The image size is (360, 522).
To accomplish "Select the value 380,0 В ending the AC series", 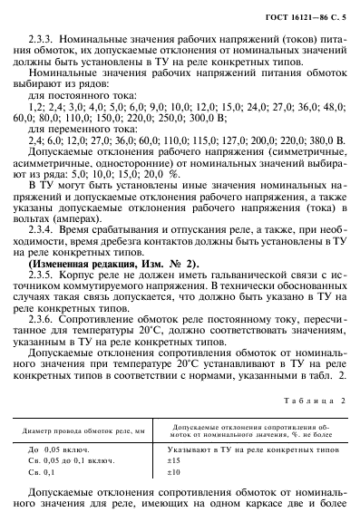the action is [x=326, y=168].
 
